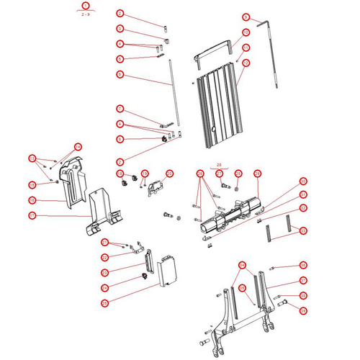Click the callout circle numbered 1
[x=86, y=6]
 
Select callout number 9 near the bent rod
[x=246, y=17]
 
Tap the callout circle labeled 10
[x=246, y=32]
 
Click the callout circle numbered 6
[x=120, y=74]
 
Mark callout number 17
[x=32, y=215]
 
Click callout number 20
[x=170, y=174]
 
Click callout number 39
[x=303, y=310]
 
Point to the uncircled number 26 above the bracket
[x=219, y=164]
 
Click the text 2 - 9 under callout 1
[x=86, y=14]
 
